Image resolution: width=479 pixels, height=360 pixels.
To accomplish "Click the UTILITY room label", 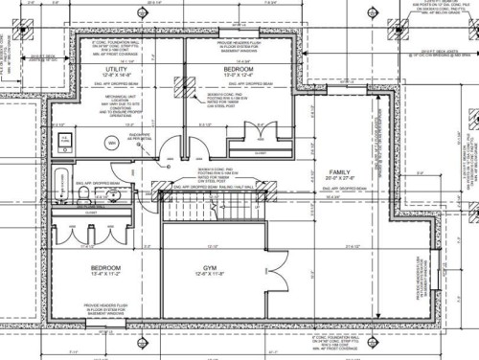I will [117, 70].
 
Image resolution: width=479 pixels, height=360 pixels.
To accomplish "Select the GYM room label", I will [210, 267].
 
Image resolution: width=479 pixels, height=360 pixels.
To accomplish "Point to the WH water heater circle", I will [111, 143].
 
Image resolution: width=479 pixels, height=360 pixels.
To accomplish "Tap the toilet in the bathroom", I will [84, 194].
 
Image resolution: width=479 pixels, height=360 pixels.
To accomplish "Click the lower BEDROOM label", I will [105, 267].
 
